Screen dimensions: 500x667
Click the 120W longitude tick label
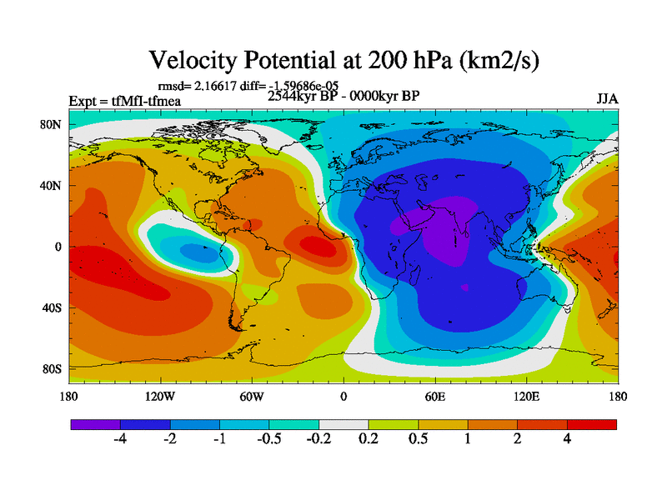click(x=159, y=397)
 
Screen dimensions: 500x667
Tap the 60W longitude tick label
click(x=251, y=397)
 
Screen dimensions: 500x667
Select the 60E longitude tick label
click(x=434, y=397)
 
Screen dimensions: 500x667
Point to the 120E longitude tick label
click(x=526, y=397)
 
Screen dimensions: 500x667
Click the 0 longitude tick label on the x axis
click(x=343, y=397)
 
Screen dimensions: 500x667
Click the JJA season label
click(x=607, y=98)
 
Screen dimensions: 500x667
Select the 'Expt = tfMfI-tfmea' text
click(x=124, y=102)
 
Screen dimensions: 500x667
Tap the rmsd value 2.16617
click(x=212, y=85)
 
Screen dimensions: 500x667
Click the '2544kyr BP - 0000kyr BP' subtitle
click(x=343, y=95)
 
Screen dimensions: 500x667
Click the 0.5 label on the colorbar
click(x=418, y=439)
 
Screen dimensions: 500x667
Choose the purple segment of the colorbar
click(x=95, y=424)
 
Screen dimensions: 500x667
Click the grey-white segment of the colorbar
click(x=344, y=424)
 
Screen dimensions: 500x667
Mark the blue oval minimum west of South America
click(x=193, y=249)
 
